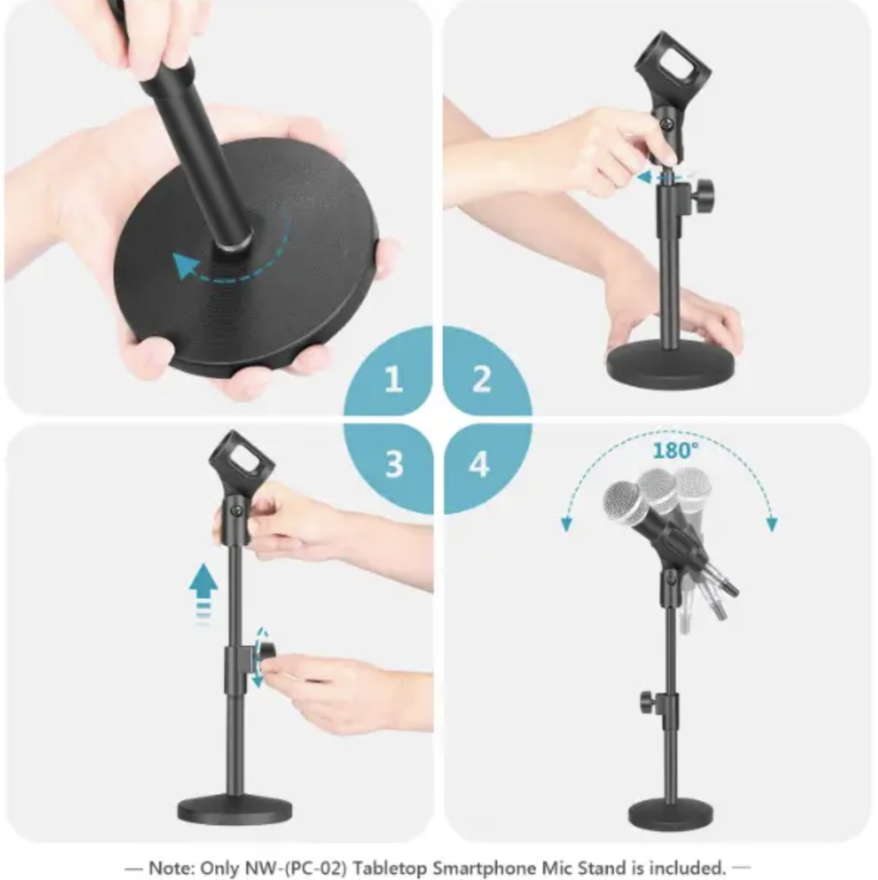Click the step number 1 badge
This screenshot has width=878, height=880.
click(393, 379)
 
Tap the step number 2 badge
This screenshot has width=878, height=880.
click(482, 379)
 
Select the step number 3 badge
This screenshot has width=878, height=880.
click(393, 464)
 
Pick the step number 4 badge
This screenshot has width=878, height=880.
click(479, 464)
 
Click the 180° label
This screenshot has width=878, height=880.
click(675, 450)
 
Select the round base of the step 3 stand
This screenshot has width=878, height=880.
click(235, 809)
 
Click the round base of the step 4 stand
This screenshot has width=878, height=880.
click(671, 813)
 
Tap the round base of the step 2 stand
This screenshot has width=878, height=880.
click(671, 364)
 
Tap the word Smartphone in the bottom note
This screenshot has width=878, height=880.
click(477, 868)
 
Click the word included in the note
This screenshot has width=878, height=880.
click(690, 868)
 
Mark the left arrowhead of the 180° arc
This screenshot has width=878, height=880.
click(567, 524)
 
